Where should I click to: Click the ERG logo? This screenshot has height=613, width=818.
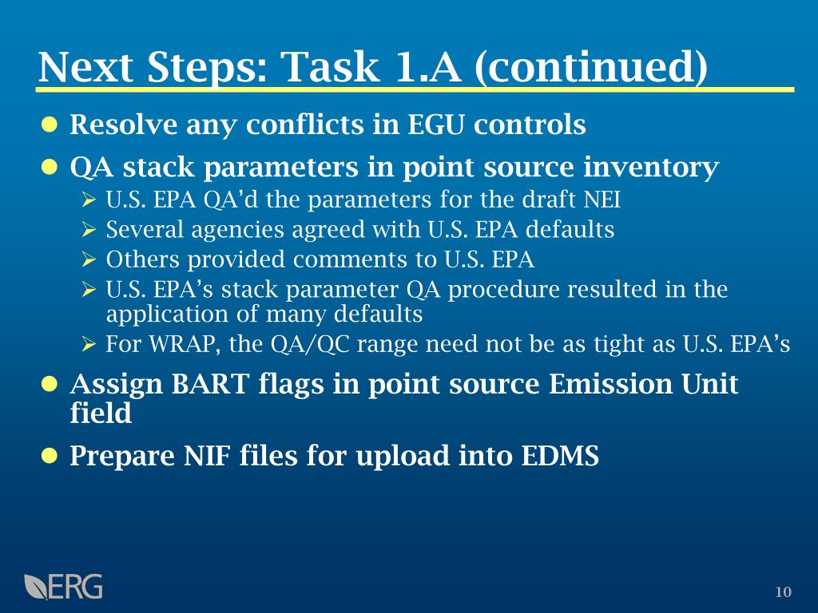coord(63,587)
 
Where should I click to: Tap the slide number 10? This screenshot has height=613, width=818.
coord(783,592)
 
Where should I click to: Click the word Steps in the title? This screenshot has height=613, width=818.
coord(207,68)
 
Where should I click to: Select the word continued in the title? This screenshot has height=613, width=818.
coord(591,67)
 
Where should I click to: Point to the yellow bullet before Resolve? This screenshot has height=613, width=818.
coord(49,125)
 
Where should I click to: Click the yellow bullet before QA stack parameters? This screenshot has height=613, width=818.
coord(49,168)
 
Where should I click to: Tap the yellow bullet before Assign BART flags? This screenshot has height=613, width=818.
coord(49,384)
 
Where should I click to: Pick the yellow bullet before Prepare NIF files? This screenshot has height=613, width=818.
coord(49,456)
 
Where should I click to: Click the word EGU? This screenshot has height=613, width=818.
coord(435,125)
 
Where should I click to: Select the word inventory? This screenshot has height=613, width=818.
coord(651,168)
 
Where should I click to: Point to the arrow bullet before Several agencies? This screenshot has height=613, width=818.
coord(89,229)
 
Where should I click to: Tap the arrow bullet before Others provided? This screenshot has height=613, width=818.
coord(89,259)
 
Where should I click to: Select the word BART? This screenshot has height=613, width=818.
coord(211,384)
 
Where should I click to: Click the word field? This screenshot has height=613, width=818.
coord(101,413)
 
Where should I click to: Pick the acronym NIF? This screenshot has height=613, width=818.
coord(207,456)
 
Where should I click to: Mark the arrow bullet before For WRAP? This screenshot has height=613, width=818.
coord(89,344)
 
